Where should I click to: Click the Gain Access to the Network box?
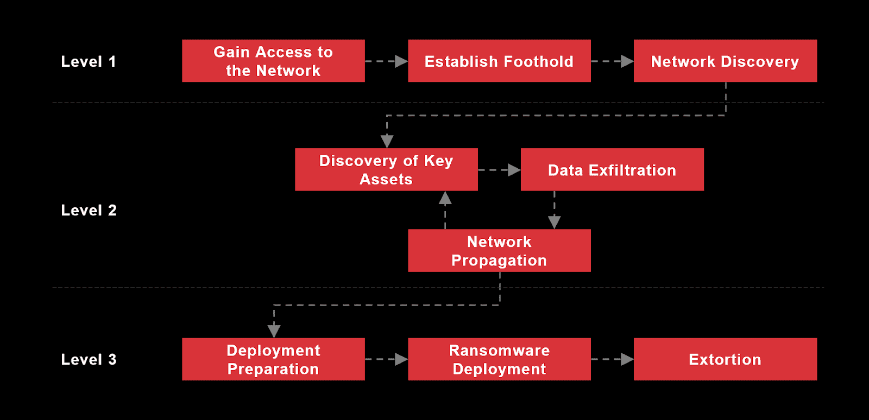(273, 61)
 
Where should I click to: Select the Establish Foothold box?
(499, 61)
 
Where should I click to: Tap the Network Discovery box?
(725, 61)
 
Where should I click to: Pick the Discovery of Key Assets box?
(386, 169)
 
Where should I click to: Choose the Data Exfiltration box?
(612, 169)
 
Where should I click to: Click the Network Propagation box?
(499, 250)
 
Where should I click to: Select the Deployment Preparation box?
(273, 359)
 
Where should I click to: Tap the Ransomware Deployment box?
(499, 359)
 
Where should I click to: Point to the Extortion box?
(725, 359)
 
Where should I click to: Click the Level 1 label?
(89, 61)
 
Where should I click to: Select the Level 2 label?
(89, 210)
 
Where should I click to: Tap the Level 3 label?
(89, 359)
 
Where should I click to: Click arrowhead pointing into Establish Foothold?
(401, 61)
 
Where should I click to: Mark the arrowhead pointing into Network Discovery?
(627, 61)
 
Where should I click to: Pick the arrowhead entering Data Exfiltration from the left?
(514, 170)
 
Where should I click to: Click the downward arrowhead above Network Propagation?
(554, 221)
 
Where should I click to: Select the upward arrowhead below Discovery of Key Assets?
(445, 198)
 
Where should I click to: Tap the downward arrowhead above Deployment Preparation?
(274, 330)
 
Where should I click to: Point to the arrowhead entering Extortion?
(627, 359)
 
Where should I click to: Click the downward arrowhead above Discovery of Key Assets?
(387, 141)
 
